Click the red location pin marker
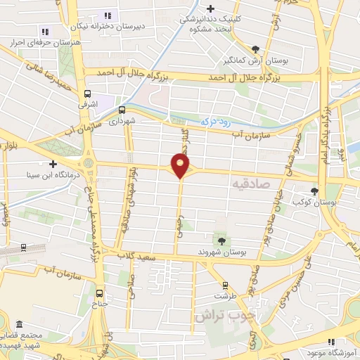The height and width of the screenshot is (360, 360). pos(181,165)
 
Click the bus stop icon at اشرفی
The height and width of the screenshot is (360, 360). pos(87,94)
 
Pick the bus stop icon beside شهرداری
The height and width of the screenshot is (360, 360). pos(122,110)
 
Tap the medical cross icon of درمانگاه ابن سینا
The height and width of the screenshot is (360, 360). pos(52,163)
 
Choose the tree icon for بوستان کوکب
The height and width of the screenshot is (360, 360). pos(314,191)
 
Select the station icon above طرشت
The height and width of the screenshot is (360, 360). pos(225,285)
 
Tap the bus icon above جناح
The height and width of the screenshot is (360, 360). pos(99,294)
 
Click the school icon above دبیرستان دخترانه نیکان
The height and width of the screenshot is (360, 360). pos(108,15)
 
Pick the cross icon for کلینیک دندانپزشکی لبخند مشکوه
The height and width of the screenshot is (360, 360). pos(211,8)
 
